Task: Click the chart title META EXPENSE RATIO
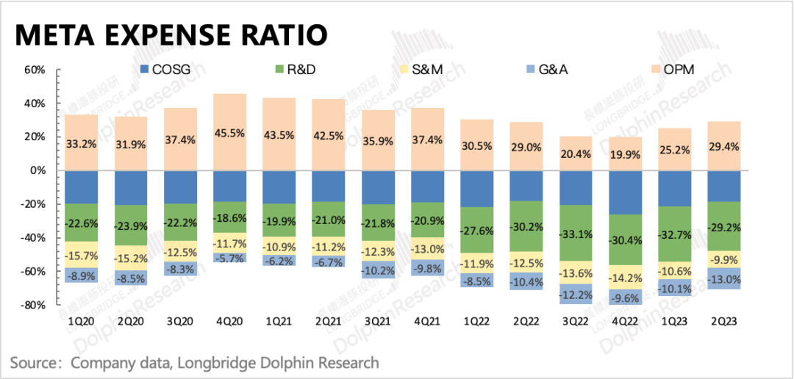pos(171,35)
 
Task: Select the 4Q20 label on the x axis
pos(230,322)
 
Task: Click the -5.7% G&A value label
pos(230,258)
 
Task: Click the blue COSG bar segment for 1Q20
pos(81,187)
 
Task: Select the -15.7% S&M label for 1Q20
pos(81,255)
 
